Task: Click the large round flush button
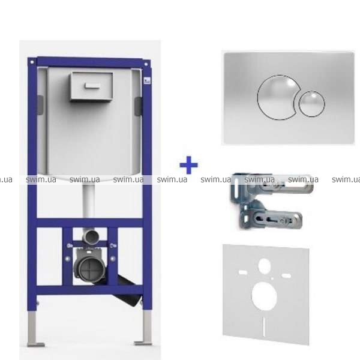275,97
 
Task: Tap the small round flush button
312,104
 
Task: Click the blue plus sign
188,165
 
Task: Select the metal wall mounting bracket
271,201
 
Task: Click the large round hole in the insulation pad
264,296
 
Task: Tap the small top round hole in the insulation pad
265,266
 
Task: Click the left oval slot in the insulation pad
243,272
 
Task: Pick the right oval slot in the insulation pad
286,275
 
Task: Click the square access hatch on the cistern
91,86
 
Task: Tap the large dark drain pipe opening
89,268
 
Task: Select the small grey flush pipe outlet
91,236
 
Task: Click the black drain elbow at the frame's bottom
125,292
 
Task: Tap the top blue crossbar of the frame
89,62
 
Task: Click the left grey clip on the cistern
40,105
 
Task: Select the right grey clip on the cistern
139,106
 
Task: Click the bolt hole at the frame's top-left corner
32,62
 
